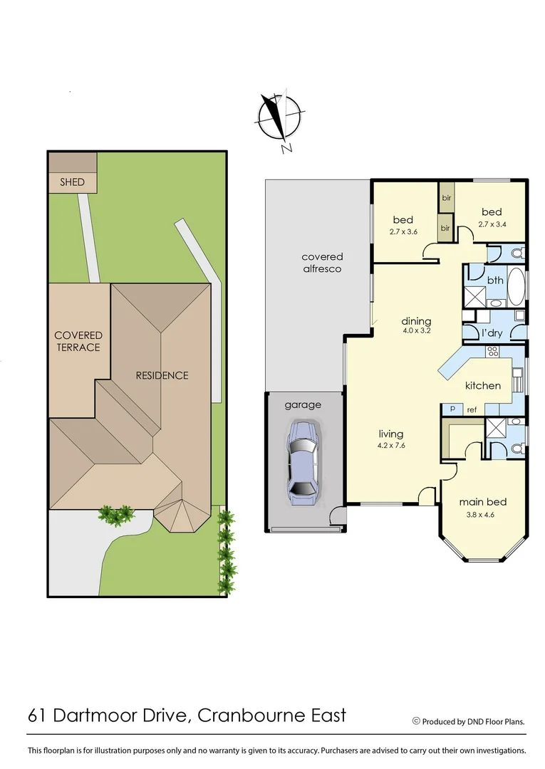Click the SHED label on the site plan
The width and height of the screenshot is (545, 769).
[73, 182]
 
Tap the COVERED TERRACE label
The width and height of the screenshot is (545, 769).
[78, 341]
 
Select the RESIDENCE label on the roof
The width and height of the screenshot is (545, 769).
[162, 375]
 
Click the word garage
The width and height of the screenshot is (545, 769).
[303, 404]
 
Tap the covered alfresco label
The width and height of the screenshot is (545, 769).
[322, 263]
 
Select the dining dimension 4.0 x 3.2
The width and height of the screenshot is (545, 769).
[416, 331]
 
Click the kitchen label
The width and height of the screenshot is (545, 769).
[483, 385]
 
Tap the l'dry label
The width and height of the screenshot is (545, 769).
[492, 333]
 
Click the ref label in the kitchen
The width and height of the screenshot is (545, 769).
[471, 409]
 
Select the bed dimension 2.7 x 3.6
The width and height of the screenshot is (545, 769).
[403, 231]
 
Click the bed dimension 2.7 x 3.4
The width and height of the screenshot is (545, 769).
[491, 224]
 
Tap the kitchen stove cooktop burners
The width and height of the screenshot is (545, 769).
[492, 351]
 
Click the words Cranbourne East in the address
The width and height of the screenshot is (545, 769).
[271, 715]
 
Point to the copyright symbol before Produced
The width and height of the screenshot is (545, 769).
[416, 721]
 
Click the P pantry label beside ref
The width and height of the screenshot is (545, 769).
[452, 409]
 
